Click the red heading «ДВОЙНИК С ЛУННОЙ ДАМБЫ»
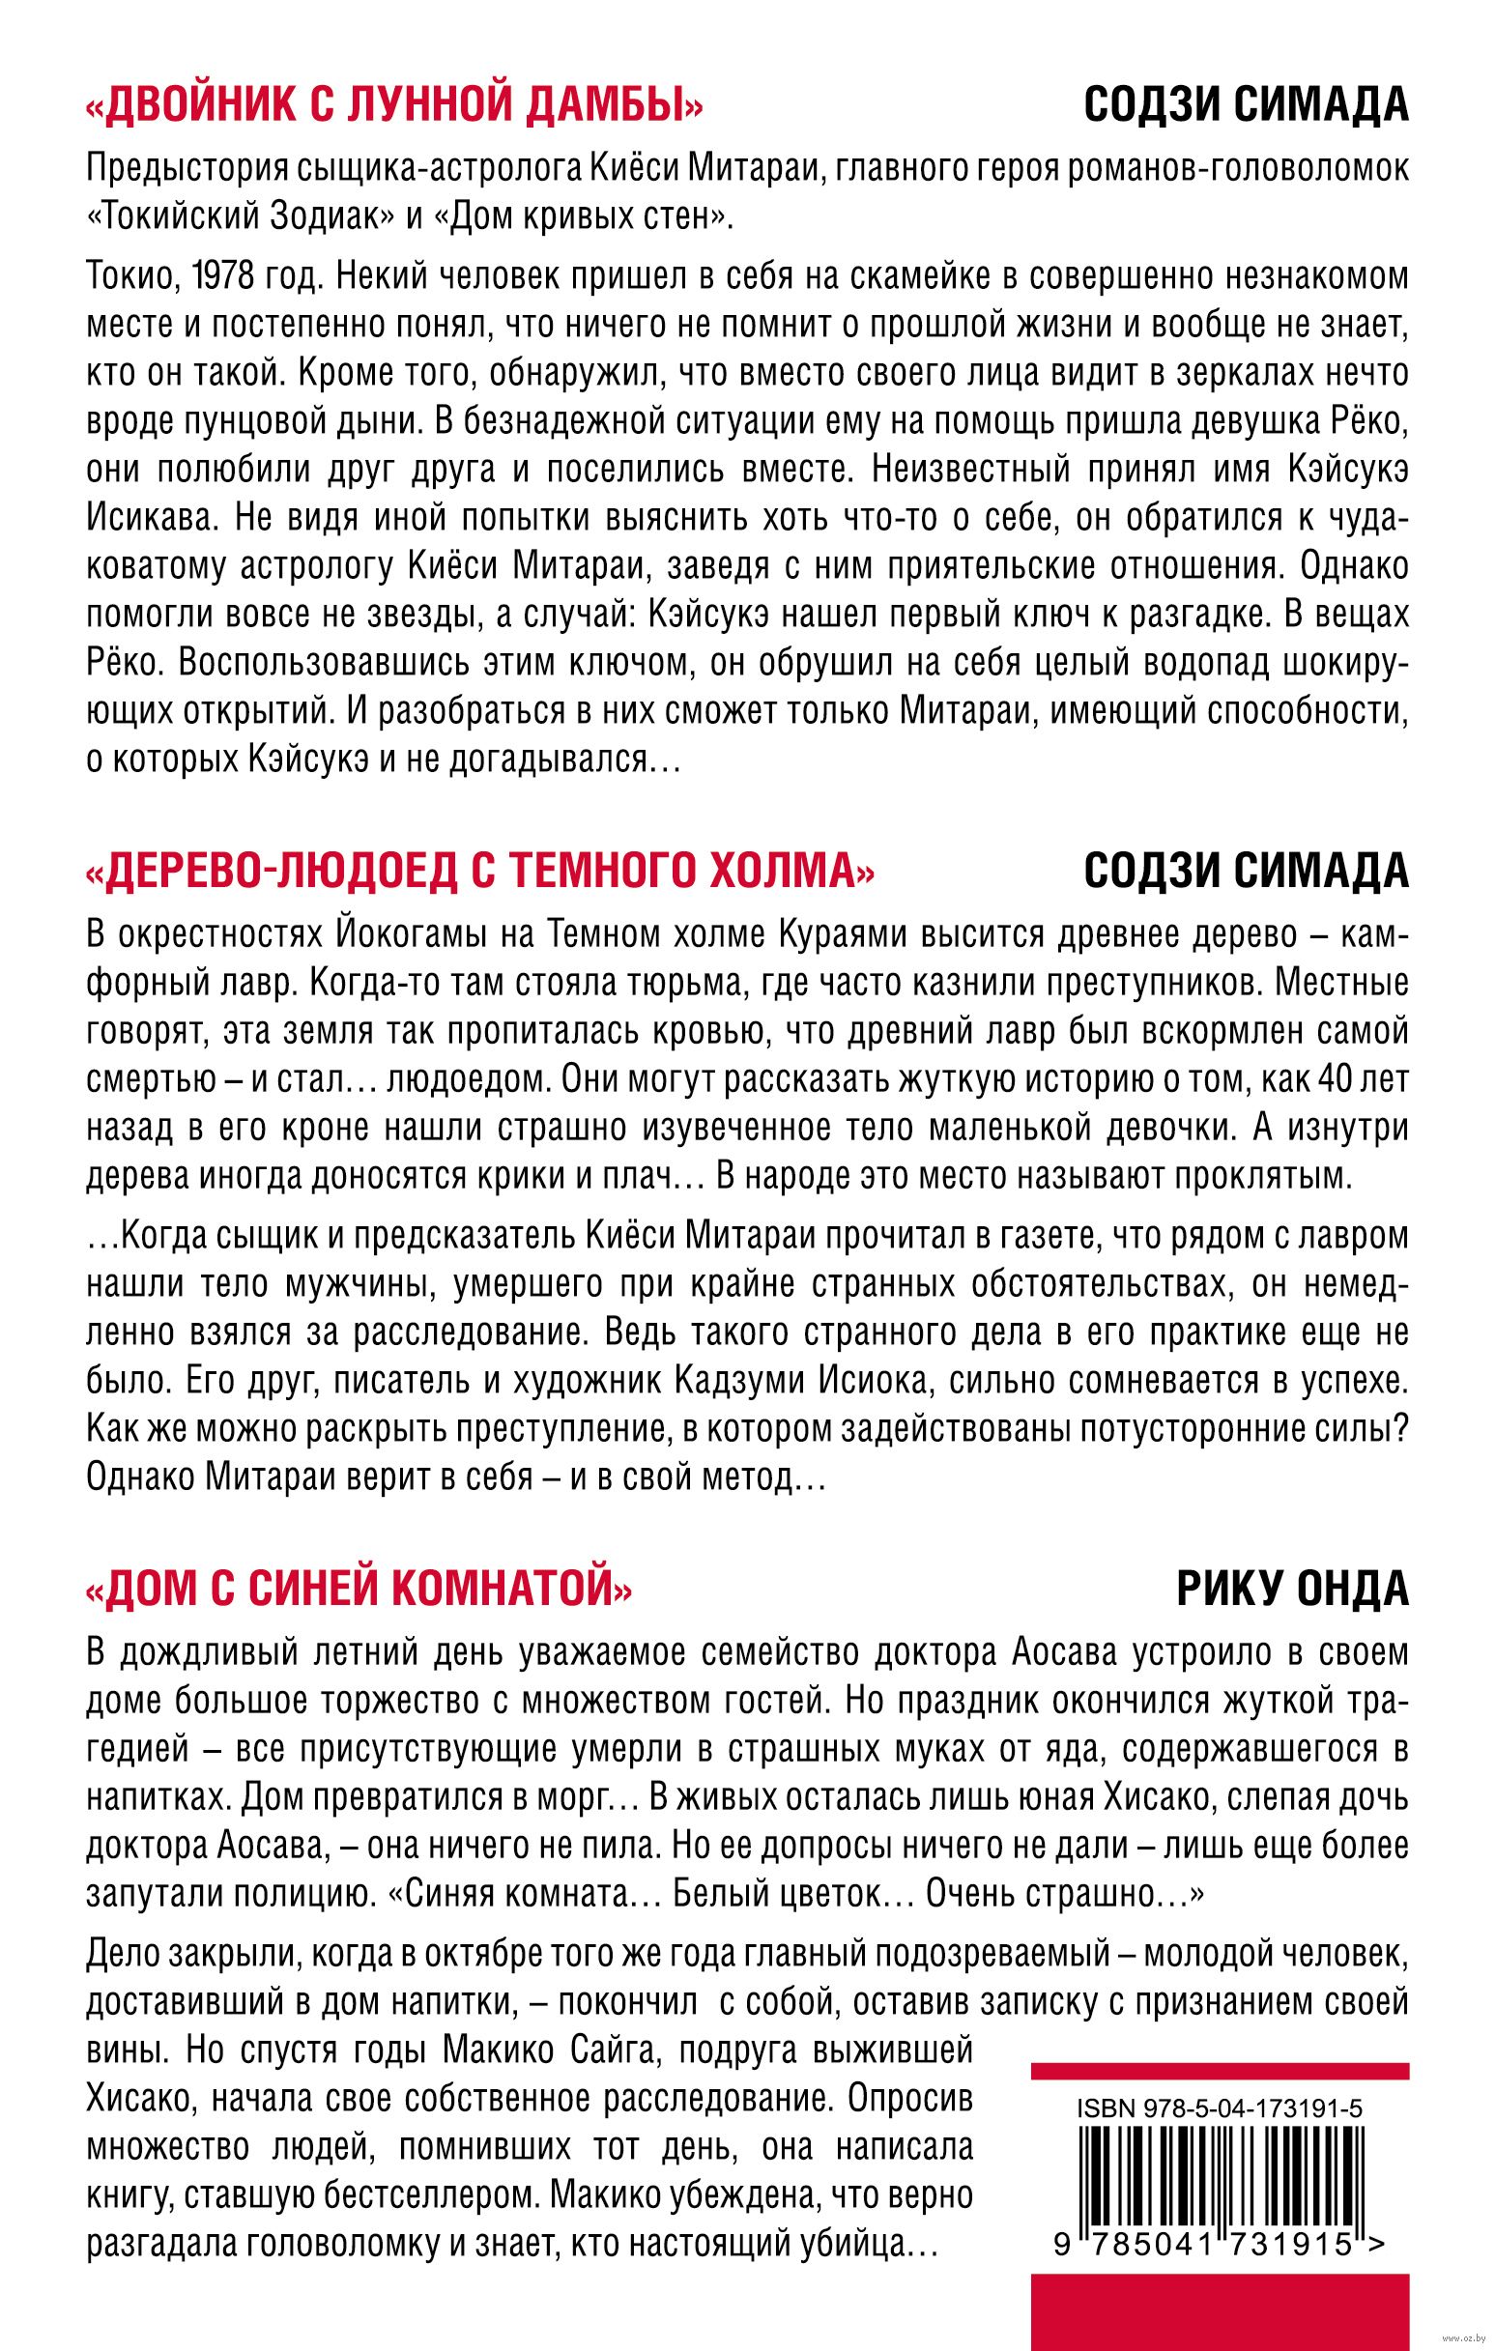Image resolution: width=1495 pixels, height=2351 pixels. (x=394, y=104)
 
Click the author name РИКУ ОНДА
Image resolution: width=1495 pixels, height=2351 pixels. (x=1293, y=1592)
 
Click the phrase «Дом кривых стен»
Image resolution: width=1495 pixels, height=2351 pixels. (x=586, y=215)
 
